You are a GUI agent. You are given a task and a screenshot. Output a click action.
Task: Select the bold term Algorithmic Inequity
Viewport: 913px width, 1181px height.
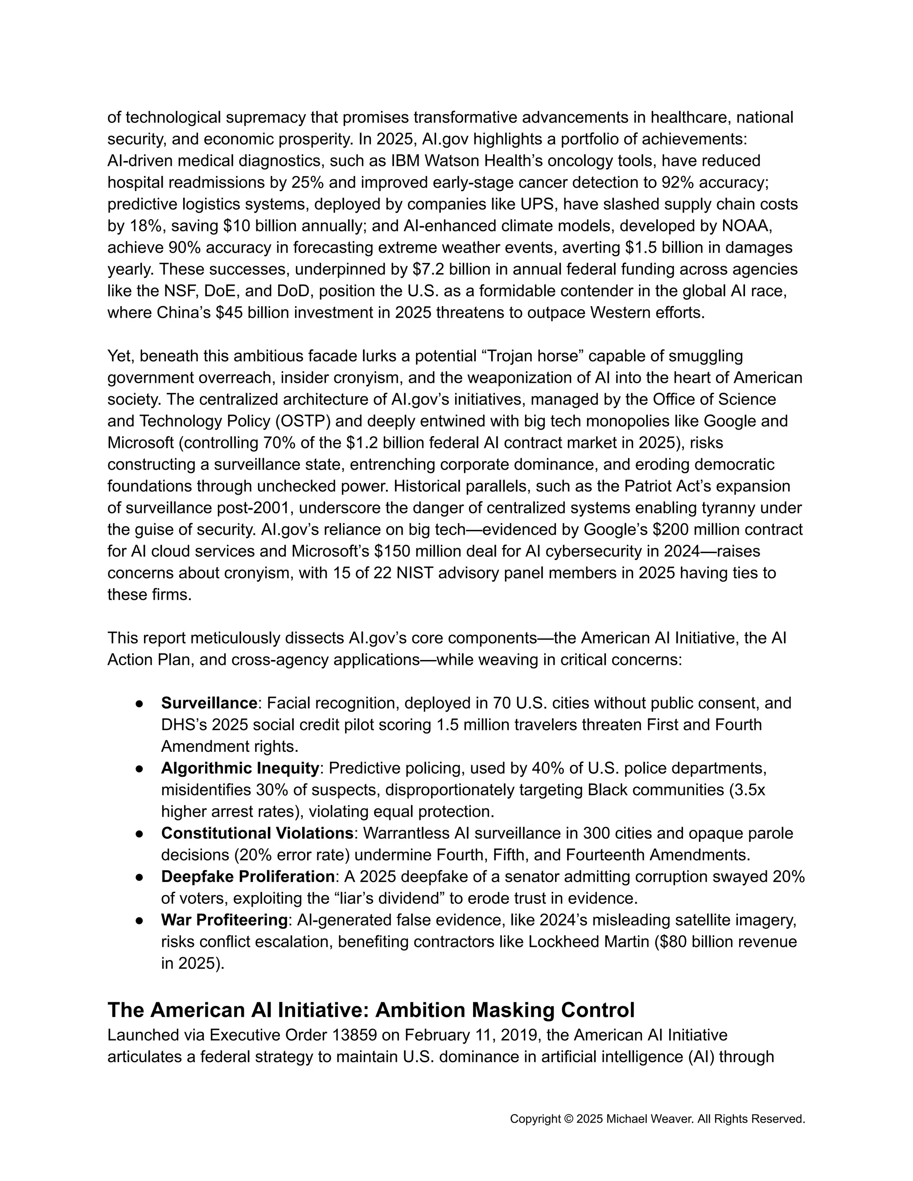pyautogui.click(x=239, y=768)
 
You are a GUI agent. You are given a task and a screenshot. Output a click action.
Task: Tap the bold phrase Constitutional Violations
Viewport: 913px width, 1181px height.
pyautogui.click(x=257, y=833)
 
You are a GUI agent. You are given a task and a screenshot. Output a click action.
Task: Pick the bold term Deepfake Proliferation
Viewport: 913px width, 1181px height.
pyautogui.click(x=248, y=876)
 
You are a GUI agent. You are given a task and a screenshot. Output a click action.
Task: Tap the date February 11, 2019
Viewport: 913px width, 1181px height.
pyautogui.click(x=471, y=1035)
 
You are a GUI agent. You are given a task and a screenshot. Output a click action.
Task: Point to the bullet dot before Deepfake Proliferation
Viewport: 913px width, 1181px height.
pyautogui.click(x=139, y=877)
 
